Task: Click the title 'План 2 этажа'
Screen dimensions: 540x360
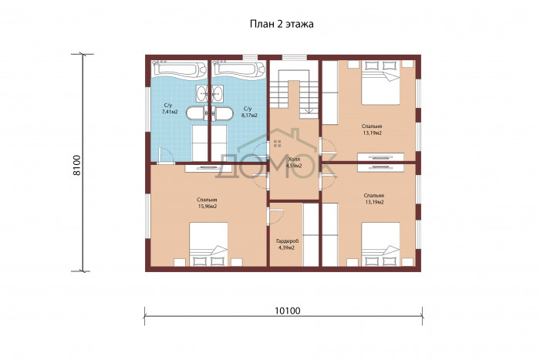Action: click(282, 25)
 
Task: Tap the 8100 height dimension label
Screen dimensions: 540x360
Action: click(77, 165)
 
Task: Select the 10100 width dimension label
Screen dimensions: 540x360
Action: click(288, 311)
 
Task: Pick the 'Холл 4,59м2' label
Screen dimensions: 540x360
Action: click(294, 163)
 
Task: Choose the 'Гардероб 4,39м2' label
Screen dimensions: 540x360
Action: click(286, 244)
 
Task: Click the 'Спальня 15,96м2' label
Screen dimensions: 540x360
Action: click(207, 203)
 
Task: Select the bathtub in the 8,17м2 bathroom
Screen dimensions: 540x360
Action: click(238, 69)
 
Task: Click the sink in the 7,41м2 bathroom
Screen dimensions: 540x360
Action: click(202, 93)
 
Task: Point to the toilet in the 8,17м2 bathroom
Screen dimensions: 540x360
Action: click(222, 114)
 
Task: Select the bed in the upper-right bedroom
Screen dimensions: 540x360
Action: click(380, 82)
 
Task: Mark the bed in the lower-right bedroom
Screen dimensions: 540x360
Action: click(380, 244)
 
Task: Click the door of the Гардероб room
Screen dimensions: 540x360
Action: click(275, 215)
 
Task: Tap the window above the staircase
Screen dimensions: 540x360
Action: click(295, 58)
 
